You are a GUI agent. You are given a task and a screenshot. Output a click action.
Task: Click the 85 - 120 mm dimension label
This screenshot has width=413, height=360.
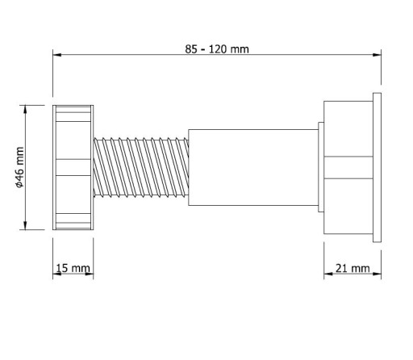[x=217, y=49]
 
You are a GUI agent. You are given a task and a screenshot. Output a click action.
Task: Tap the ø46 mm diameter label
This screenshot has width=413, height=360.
[x=20, y=167]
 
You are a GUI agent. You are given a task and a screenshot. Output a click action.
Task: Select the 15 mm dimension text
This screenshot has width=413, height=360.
[x=73, y=268]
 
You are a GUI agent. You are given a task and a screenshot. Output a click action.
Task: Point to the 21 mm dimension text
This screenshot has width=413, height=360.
[x=353, y=268]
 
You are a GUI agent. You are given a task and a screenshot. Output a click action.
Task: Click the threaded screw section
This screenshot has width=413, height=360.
[x=141, y=167]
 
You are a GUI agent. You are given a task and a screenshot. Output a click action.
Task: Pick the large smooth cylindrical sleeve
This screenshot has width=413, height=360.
[x=253, y=167]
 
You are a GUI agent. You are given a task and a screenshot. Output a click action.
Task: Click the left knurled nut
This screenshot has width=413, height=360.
[x=73, y=167]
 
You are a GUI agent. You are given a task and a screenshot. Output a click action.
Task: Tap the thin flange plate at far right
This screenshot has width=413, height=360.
[x=377, y=167]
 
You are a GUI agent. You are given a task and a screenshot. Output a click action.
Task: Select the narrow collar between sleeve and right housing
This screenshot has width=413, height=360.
[x=321, y=167]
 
